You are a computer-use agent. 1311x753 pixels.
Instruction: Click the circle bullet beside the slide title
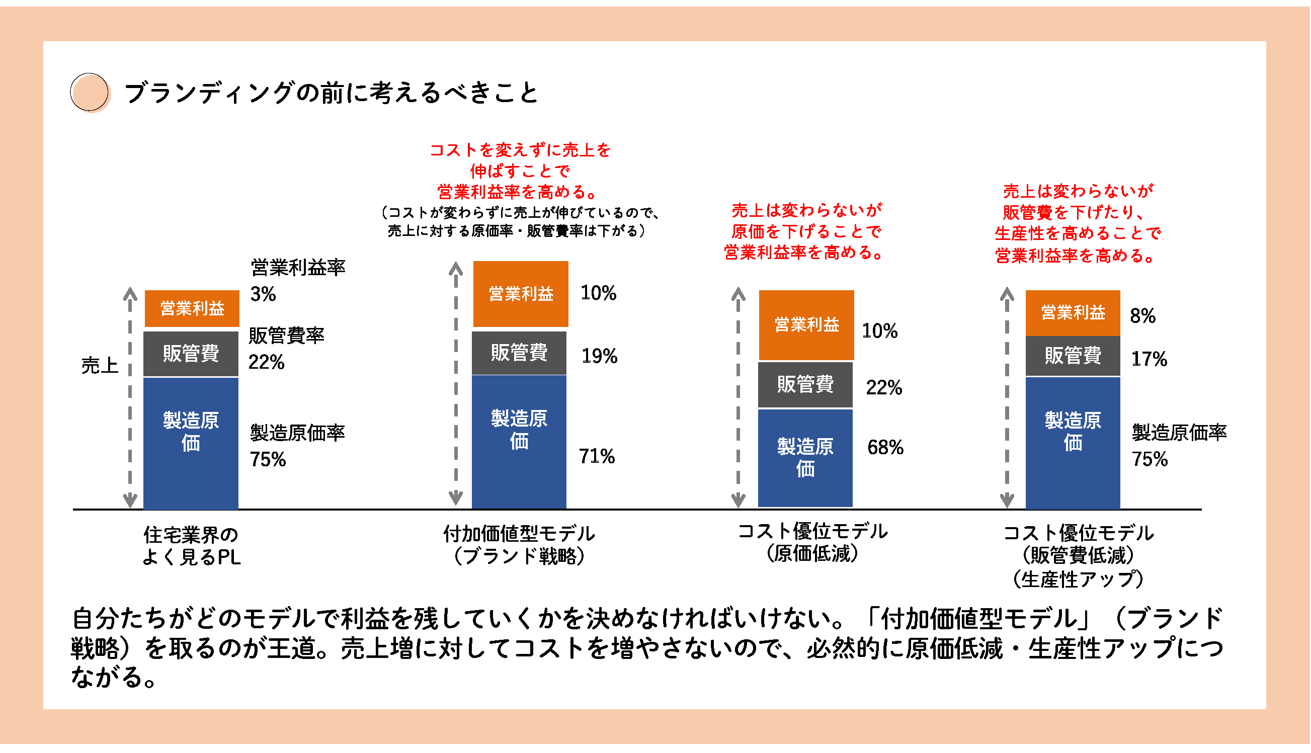pyautogui.click(x=90, y=93)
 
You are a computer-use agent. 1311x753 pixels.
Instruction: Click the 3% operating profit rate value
pyautogui.click(x=263, y=294)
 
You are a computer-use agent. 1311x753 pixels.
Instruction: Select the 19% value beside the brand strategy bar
pyautogui.click(x=599, y=356)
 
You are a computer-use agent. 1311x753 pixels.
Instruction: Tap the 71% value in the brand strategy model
pyautogui.click(x=596, y=457)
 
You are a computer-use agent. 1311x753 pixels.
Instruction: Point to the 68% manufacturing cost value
pyautogui.click(x=885, y=447)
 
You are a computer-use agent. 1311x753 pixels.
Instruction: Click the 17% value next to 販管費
pyautogui.click(x=1149, y=359)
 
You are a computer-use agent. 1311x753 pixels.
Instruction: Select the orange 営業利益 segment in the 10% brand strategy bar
pyautogui.click(x=520, y=294)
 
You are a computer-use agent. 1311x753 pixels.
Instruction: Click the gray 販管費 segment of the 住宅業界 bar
pyautogui.click(x=191, y=354)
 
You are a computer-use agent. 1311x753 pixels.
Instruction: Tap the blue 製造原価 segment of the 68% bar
pyautogui.click(x=805, y=458)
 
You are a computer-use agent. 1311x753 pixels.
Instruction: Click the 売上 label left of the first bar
pyautogui.click(x=99, y=366)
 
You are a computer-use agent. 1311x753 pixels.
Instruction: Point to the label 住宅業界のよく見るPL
pyautogui.click(x=191, y=546)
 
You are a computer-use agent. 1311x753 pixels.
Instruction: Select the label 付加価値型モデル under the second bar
pyautogui.click(x=519, y=534)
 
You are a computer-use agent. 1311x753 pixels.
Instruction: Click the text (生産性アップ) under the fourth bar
pyautogui.click(x=1078, y=579)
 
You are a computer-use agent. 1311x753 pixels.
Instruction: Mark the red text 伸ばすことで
pyautogui.click(x=520, y=171)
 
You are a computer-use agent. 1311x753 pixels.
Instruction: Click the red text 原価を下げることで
pyautogui.click(x=806, y=232)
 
